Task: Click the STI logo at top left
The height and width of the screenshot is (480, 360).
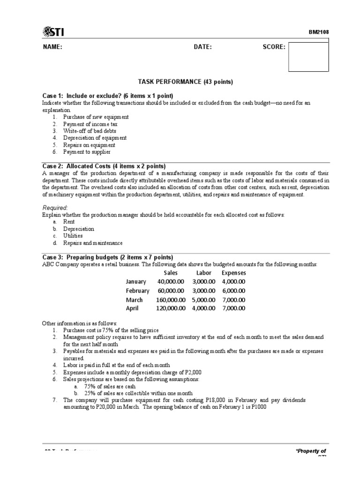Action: (53, 31)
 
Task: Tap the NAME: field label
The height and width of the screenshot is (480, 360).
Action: (52, 47)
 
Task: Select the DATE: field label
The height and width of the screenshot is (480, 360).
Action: (202, 47)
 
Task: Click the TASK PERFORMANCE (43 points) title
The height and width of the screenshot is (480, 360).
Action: (185, 82)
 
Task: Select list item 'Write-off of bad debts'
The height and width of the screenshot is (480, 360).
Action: (89, 131)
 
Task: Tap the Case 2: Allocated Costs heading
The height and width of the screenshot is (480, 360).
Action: (104, 166)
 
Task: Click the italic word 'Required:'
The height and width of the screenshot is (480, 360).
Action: (55, 208)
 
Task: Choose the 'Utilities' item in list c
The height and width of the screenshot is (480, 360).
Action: (73, 236)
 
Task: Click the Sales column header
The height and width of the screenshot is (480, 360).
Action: (171, 273)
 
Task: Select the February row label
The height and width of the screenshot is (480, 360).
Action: (137, 291)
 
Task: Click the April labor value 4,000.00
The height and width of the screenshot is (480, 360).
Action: (203, 308)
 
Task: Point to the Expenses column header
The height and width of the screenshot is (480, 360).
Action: (233, 273)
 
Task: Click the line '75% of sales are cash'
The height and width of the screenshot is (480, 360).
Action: (110, 386)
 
